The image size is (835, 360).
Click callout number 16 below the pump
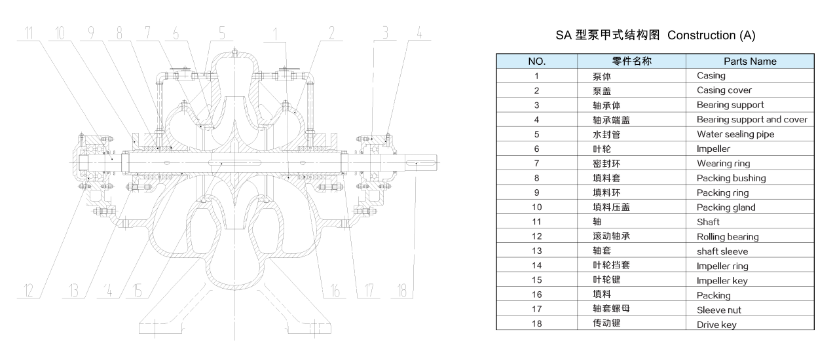(335, 289)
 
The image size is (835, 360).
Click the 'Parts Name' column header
(750, 62)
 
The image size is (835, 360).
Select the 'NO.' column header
(536, 62)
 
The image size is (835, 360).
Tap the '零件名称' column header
(631, 62)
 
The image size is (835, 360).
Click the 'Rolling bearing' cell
(727, 237)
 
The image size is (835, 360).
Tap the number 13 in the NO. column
(536, 251)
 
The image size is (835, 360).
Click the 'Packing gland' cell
(726, 207)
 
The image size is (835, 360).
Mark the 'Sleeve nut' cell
(718, 310)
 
